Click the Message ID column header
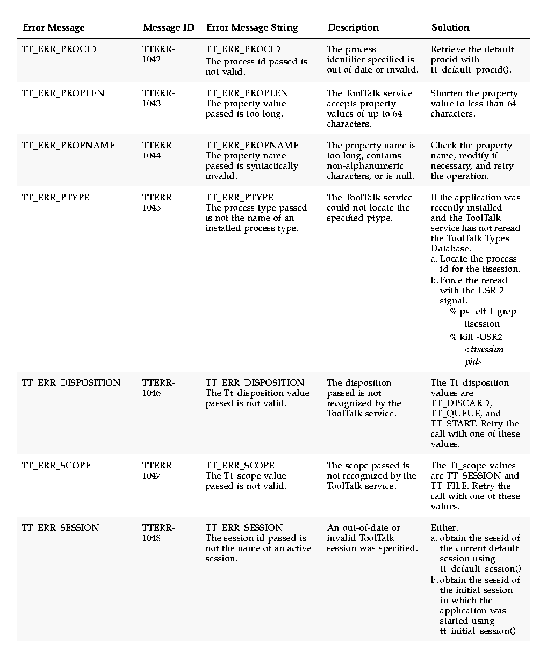coord(168,27)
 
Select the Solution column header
coord(450,27)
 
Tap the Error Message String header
coord(251,27)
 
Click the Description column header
coord(352,27)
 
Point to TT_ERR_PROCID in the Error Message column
coord(59,49)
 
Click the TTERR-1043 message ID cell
coord(158,98)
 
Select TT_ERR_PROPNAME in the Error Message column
coord(68,146)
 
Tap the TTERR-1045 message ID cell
coord(158,203)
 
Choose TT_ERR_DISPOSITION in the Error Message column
coord(71,383)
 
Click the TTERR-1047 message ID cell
coord(158,471)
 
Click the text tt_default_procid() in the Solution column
coord(471,70)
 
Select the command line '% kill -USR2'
coord(476,337)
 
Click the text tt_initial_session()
coord(477,631)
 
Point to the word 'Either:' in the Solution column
coord(444,528)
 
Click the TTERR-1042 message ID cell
coord(158,54)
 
